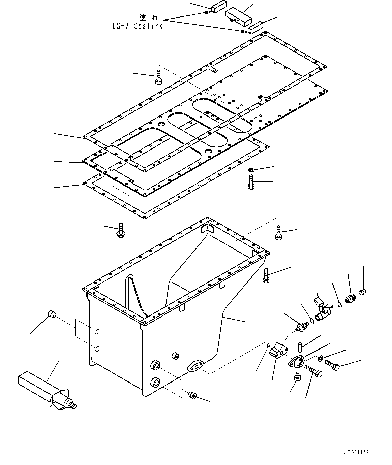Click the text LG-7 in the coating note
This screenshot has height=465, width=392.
(120, 26)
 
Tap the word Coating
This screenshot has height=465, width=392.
(148, 26)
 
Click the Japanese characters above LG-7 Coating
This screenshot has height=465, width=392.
(149, 18)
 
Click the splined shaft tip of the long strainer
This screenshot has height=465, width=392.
(73, 406)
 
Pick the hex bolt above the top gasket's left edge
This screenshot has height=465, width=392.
(158, 77)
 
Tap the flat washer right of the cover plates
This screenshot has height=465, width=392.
(251, 170)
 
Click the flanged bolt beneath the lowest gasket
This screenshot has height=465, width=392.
(121, 230)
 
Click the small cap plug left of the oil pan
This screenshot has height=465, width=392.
(52, 314)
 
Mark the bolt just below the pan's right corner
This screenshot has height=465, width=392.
(266, 276)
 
